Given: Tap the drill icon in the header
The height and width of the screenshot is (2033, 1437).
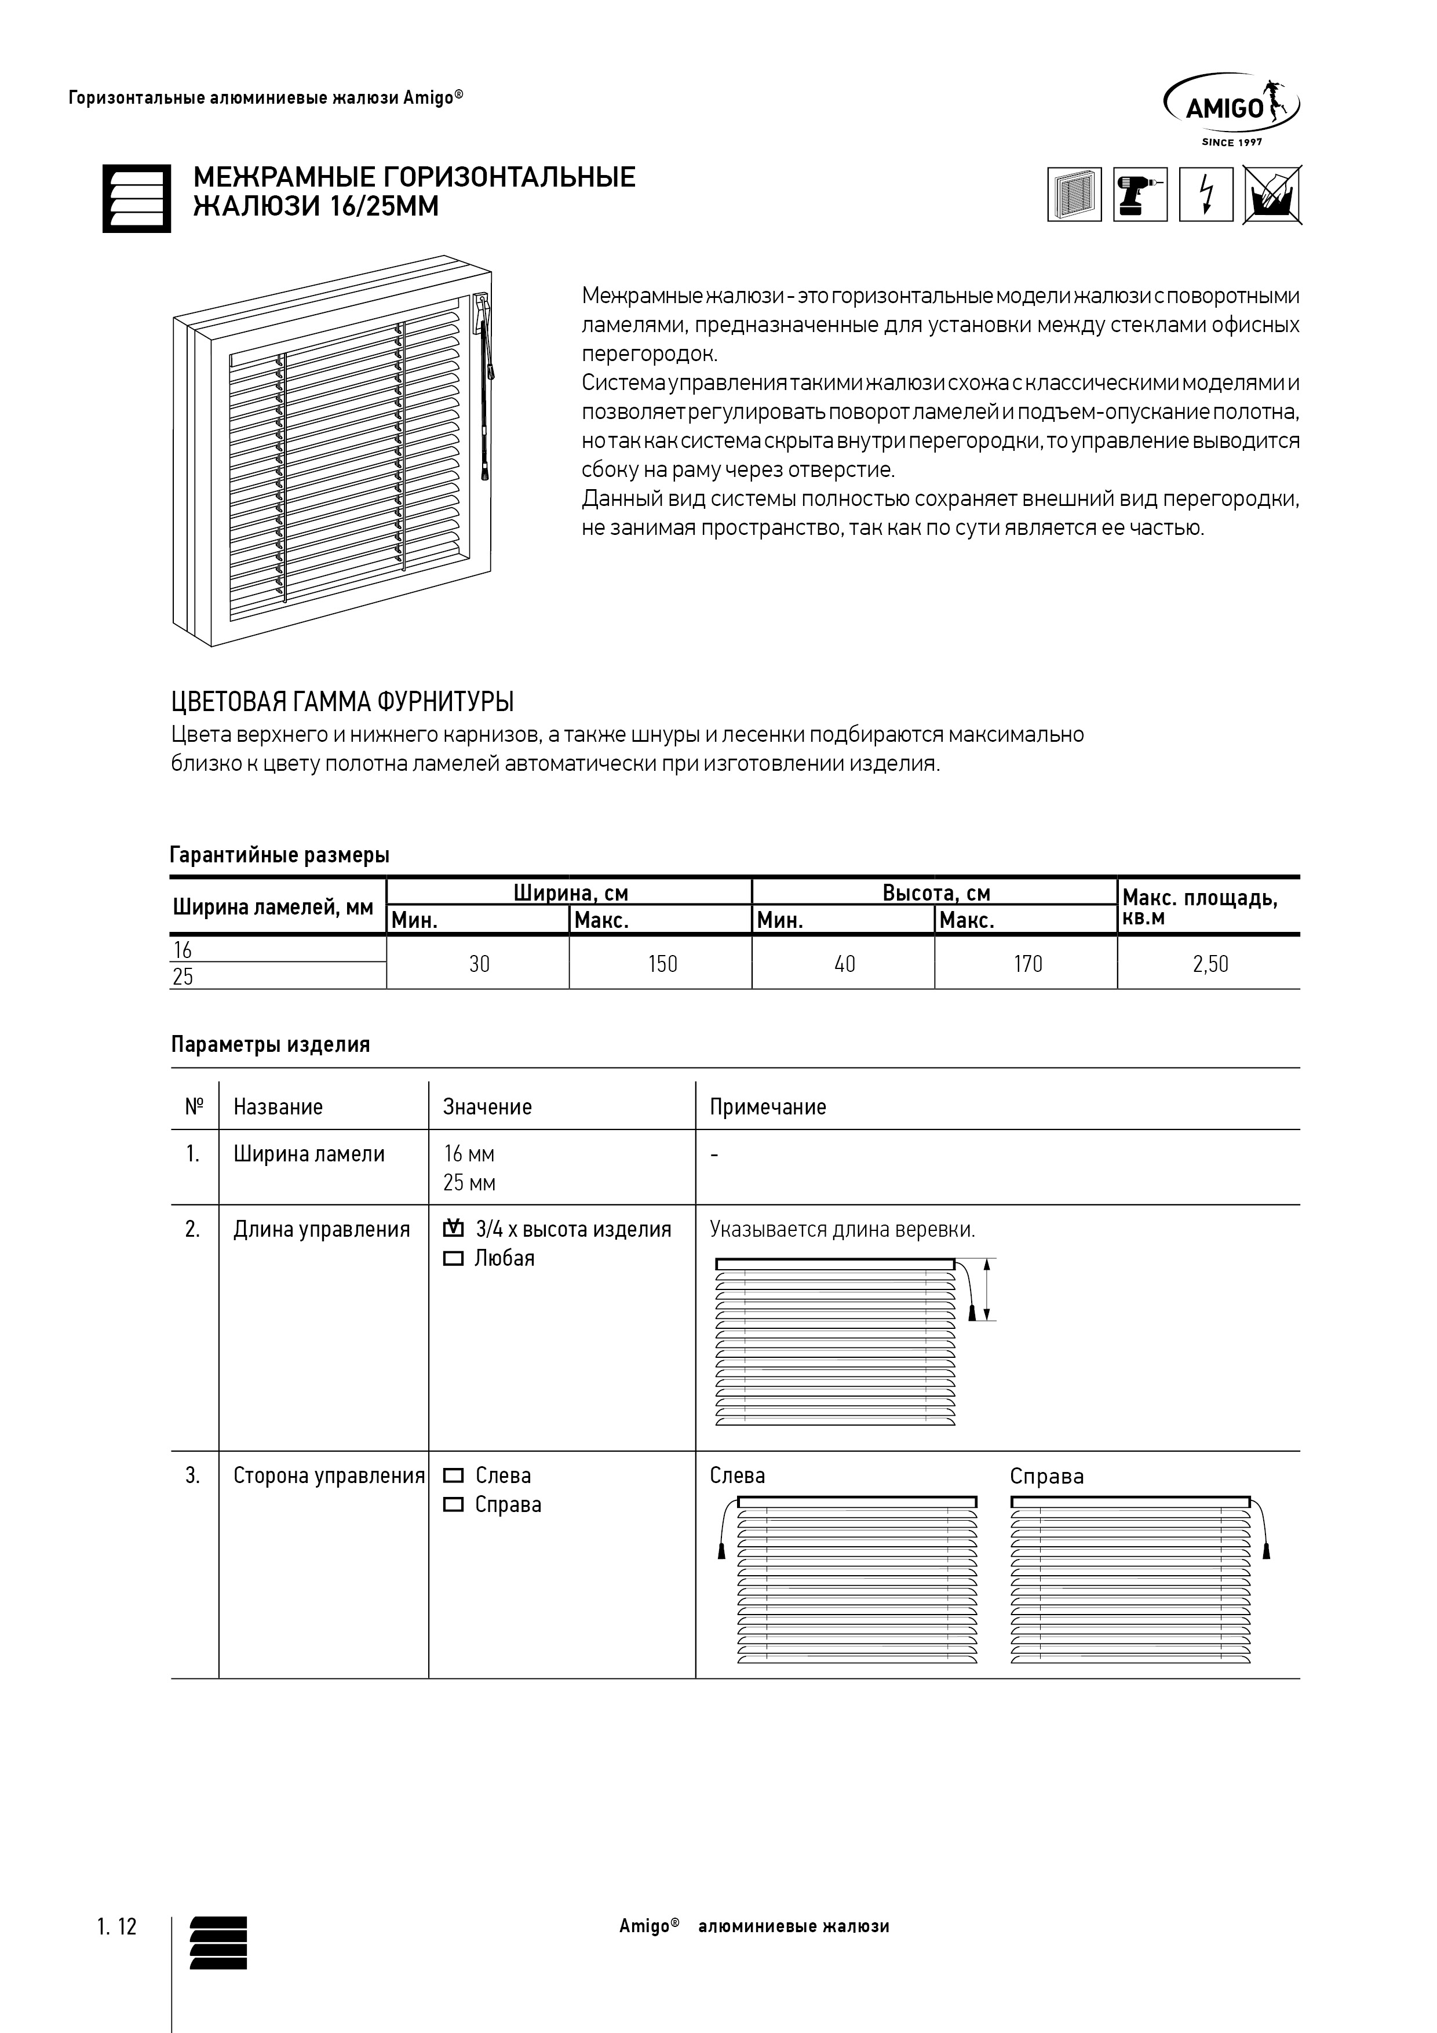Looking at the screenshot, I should tap(1140, 194).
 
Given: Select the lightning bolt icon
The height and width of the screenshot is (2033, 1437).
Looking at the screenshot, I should tap(1206, 194).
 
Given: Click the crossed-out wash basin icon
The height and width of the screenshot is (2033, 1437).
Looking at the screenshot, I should tap(1272, 194).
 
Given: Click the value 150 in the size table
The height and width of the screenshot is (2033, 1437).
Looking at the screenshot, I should tap(662, 963).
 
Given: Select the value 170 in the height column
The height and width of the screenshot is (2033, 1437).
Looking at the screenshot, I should tap(1027, 963).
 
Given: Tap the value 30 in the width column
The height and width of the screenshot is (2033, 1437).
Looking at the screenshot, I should tap(479, 963).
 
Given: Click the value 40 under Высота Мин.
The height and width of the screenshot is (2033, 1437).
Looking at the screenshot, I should tap(845, 963).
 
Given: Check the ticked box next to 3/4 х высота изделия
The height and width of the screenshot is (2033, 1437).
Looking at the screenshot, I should tap(453, 1229).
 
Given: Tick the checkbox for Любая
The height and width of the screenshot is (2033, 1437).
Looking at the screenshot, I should tap(453, 1258).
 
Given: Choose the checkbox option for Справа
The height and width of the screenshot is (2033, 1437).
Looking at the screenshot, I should tap(453, 1504).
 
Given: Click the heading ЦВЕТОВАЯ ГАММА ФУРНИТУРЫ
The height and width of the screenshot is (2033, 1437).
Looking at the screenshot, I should tap(342, 702).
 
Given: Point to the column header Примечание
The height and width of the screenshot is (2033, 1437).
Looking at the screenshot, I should tap(768, 1107).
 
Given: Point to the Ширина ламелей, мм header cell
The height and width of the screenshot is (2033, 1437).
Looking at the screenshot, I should tap(273, 907).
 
